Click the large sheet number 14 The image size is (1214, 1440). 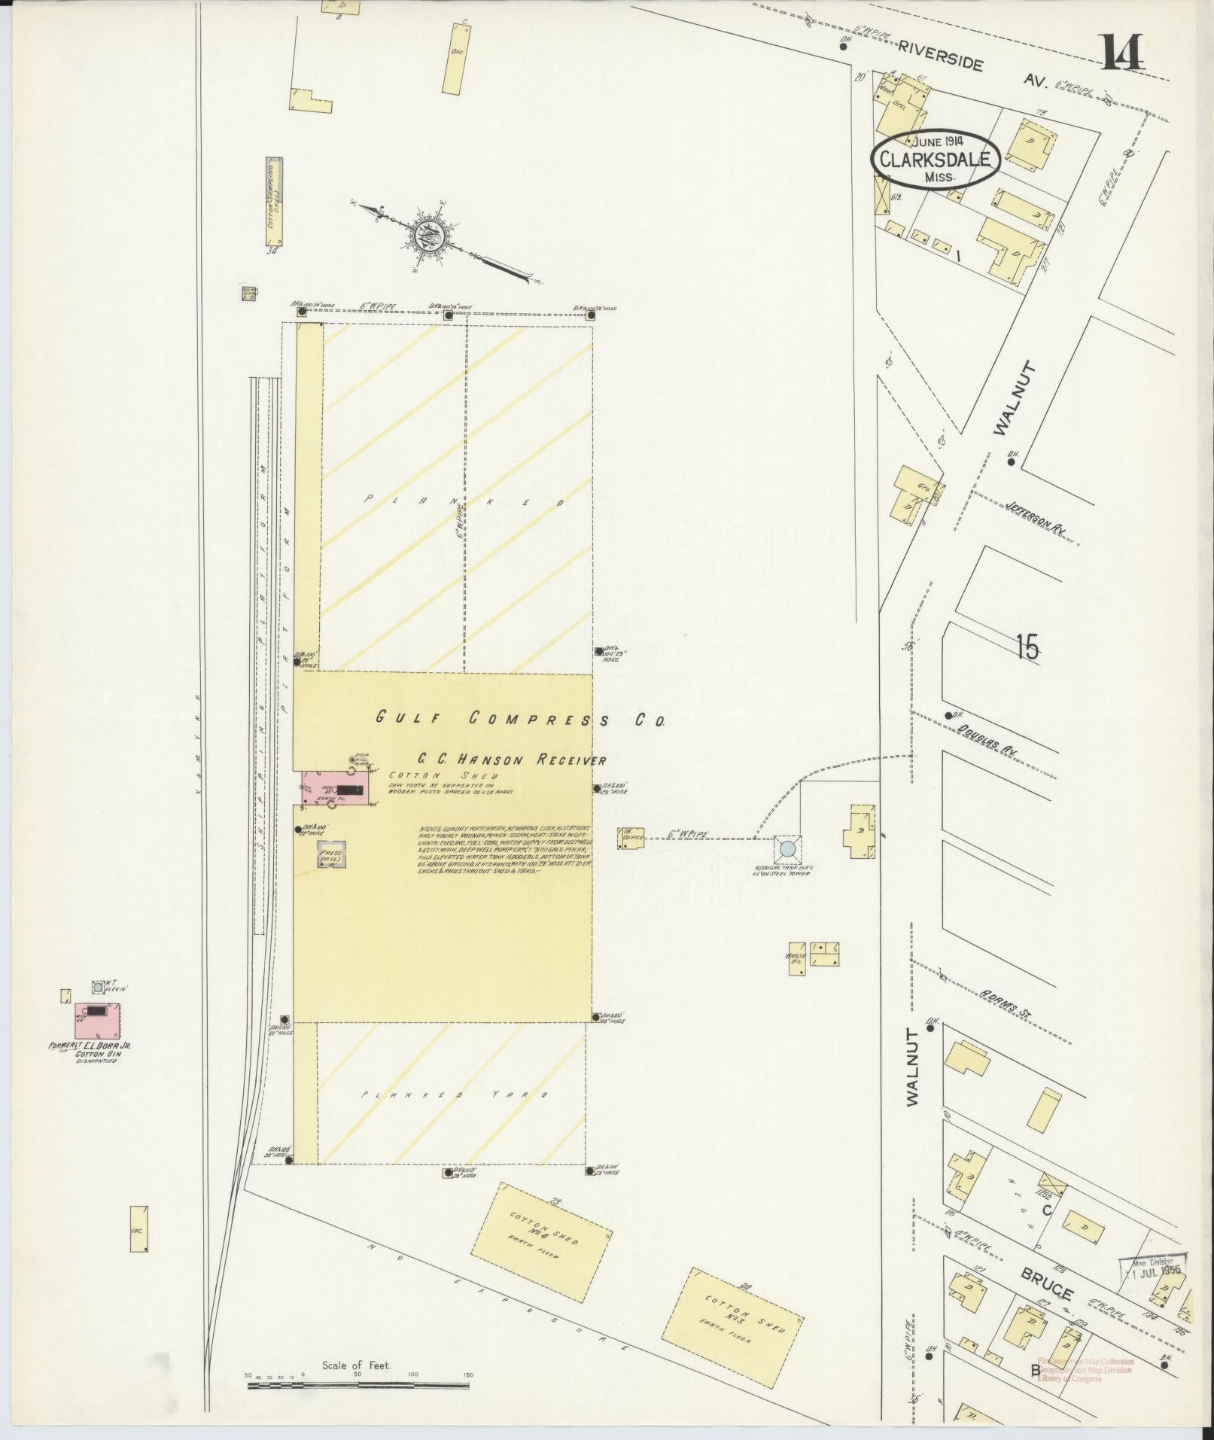click(x=1123, y=52)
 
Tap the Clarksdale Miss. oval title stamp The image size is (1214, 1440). click(x=936, y=160)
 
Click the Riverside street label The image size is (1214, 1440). click(x=940, y=55)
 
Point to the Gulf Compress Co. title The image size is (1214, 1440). click(x=520, y=719)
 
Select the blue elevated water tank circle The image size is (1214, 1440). click(x=787, y=849)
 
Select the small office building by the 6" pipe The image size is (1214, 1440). click(x=629, y=839)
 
